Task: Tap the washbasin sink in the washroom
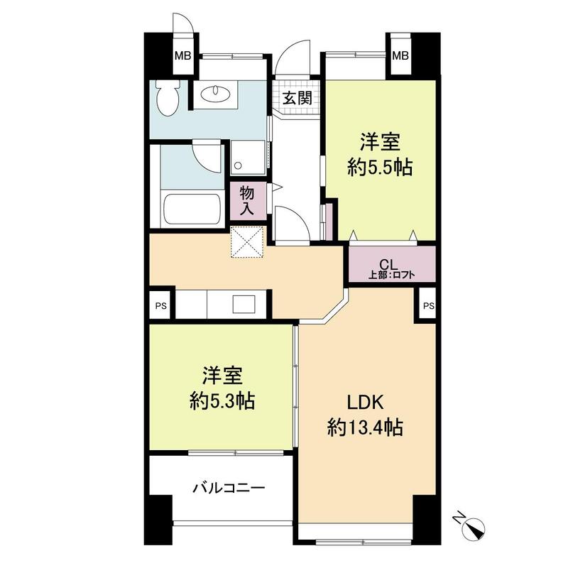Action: pos(212,94)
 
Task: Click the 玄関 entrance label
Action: pos(297,98)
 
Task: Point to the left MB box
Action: pos(182,56)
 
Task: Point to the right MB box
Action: pos(400,56)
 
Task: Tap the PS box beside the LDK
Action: pos(427,306)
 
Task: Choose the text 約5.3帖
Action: pos(222,401)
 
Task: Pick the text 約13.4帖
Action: pos(366,427)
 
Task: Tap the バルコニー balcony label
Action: pos(229,488)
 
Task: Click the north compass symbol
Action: pos(471,527)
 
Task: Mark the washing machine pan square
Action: pos(248,157)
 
